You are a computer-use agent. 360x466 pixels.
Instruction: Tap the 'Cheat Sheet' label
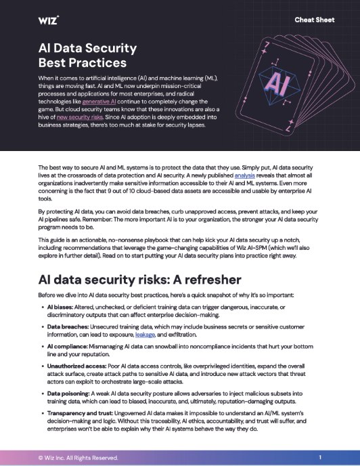tap(313, 20)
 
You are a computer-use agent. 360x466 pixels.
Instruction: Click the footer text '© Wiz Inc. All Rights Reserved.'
tap(78, 457)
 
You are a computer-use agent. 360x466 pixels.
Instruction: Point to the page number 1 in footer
tap(319, 457)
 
